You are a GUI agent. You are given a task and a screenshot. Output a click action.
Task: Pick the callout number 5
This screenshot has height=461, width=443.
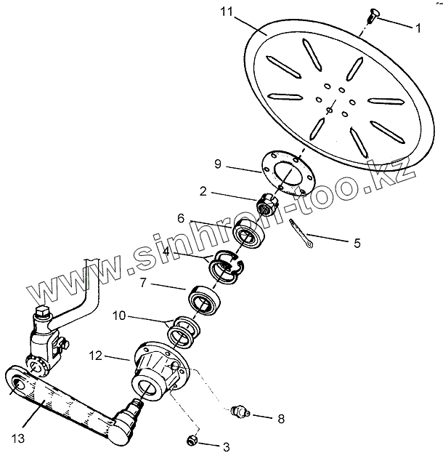pyautogui.click(x=357, y=244)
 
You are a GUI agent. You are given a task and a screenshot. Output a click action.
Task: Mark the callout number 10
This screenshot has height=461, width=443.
pyautogui.click(x=118, y=318)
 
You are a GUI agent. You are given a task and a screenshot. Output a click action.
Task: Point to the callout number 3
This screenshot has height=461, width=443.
pyautogui.click(x=227, y=446)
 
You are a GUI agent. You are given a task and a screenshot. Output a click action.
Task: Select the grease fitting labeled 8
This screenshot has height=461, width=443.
pyautogui.click(x=239, y=412)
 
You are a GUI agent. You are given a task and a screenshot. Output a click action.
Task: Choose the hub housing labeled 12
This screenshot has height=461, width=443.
pyautogui.click(x=156, y=368)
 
